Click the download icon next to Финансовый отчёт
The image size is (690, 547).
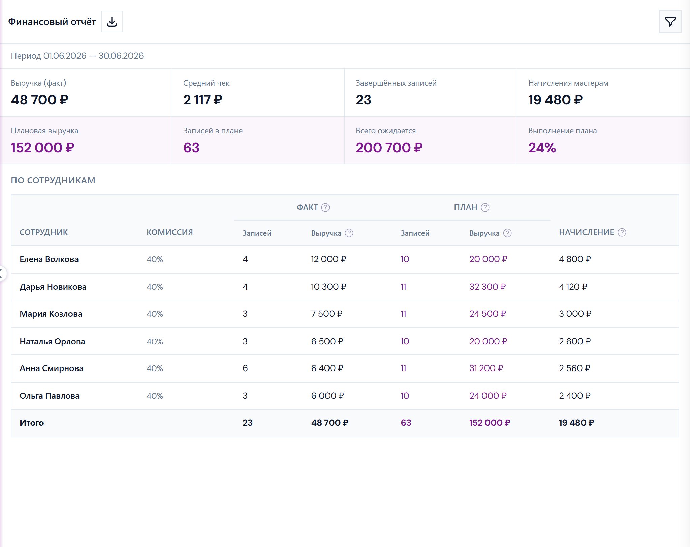coord(112,22)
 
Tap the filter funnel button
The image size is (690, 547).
coord(670,22)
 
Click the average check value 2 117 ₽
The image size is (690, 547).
coord(203,100)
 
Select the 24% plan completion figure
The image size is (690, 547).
coord(542,148)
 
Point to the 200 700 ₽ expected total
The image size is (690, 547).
coord(389,148)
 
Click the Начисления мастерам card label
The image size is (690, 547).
coord(568,83)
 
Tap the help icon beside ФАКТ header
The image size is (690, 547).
coord(325,207)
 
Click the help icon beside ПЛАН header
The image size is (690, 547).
coord(485,207)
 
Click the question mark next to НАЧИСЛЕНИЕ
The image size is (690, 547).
coord(622,232)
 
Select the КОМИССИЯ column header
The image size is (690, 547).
coord(170,232)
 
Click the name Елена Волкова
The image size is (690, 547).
coord(49,259)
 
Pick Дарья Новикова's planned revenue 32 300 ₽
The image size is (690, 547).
coord(488,287)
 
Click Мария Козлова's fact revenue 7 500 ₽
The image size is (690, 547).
coord(327,314)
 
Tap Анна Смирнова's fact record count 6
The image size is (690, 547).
coord(245,368)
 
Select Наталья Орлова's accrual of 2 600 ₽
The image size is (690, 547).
coord(575,341)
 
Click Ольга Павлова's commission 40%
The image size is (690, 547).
coord(155,396)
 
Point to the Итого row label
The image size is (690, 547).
coord(32,423)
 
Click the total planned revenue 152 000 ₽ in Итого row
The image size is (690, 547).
coord(490,423)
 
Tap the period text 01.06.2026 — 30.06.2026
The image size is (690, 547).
coord(93,56)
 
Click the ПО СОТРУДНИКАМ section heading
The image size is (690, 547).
coord(53,180)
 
